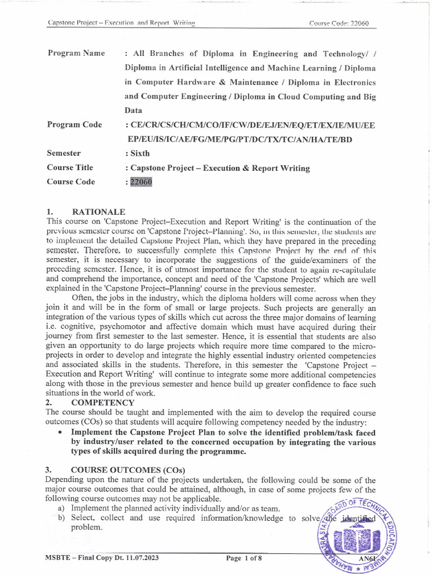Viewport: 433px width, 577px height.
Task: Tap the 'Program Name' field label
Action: pyautogui.click(x=76, y=54)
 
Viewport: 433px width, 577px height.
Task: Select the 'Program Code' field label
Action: pyautogui.click(x=74, y=125)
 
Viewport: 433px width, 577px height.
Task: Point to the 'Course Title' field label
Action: pyautogui.click(x=70, y=167)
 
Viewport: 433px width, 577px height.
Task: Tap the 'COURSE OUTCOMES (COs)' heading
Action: pyautogui.click(x=128, y=469)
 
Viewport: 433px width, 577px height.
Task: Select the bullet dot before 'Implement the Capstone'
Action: pyautogui.click(x=60, y=433)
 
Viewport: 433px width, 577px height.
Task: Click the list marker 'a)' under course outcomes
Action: pyautogui.click(x=61, y=508)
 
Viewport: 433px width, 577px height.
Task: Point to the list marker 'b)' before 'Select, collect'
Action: pyautogui.click(x=61, y=518)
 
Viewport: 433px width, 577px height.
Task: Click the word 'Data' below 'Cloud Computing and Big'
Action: pyautogui.click(x=134, y=110)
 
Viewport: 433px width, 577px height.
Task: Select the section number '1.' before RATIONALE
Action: pyautogui.click(x=50, y=212)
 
